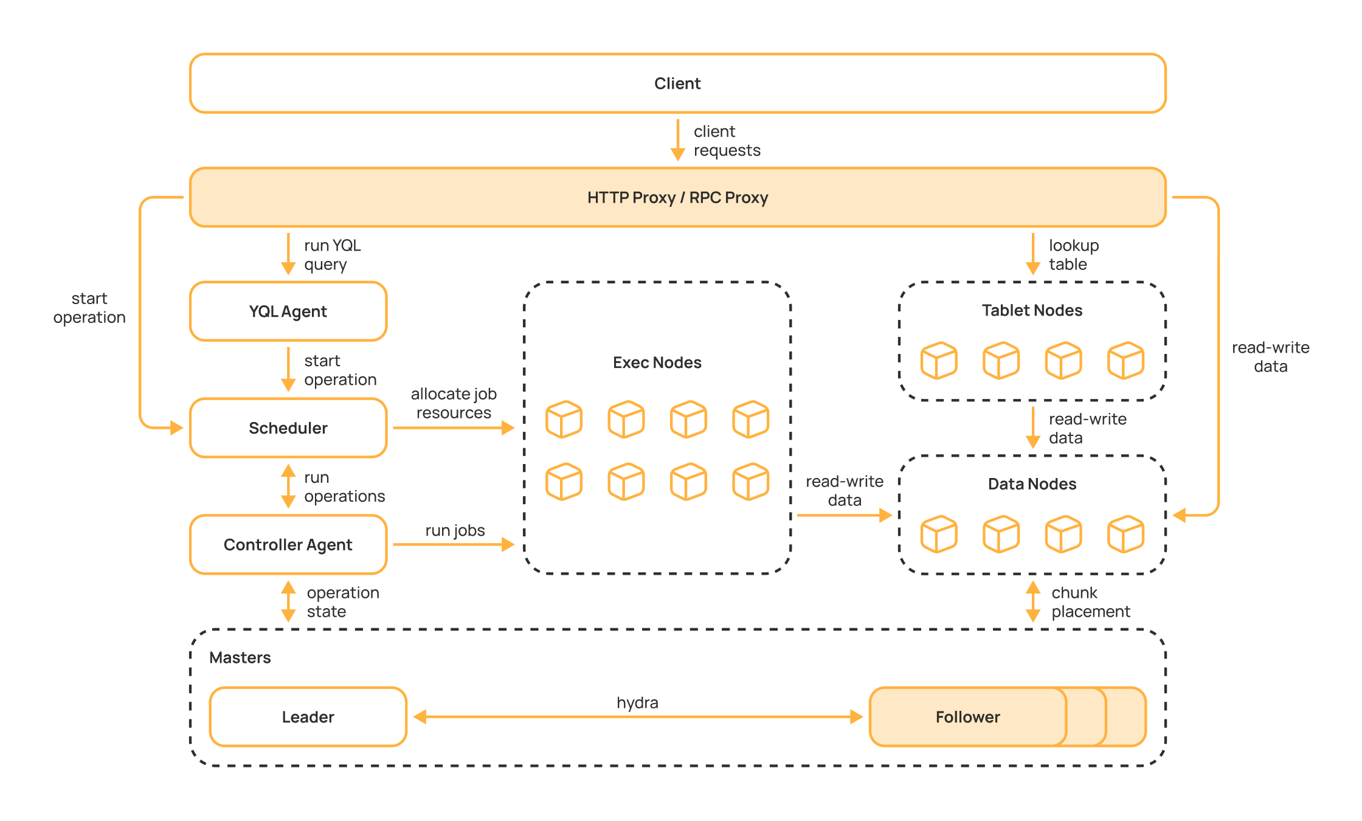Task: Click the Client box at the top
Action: click(677, 83)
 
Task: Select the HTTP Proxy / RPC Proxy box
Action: click(677, 198)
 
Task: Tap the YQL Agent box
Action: click(288, 311)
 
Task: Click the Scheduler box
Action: click(288, 428)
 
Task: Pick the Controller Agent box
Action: click(288, 545)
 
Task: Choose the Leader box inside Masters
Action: click(308, 717)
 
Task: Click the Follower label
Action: click(967, 717)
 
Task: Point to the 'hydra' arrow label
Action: click(637, 703)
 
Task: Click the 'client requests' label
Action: click(727, 141)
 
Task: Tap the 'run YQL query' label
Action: click(332, 255)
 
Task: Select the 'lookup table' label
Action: click(1073, 255)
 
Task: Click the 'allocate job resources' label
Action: click(454, 403)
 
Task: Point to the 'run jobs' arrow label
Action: click(455, 530)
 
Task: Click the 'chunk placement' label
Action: click(1090, 602)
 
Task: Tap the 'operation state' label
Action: click(342, 602)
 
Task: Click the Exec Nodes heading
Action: click(657, 363)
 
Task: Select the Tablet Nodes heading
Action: click(1032, 311)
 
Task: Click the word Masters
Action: click(240, 657)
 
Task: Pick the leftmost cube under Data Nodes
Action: click(938, 534)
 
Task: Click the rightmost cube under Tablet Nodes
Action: click(1125, 361)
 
